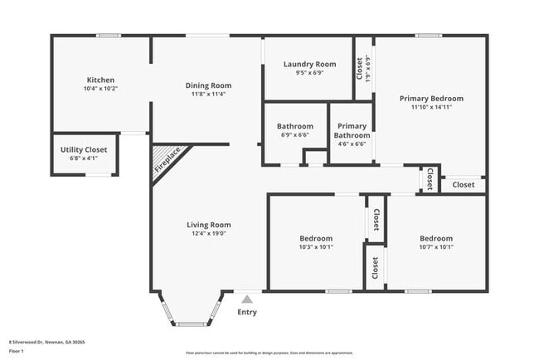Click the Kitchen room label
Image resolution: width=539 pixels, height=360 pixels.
pyautogui.click(x=100, y=80)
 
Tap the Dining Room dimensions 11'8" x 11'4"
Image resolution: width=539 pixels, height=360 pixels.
pyautogui.click(x=207, y=94)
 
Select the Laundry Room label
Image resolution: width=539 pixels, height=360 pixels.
pyautogui.click(x=309, y=64)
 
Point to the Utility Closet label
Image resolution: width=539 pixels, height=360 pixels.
pyautogui.click(x=85, y=149)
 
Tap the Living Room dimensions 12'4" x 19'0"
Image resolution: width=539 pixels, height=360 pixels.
pyautogui.click(x=208, y=234)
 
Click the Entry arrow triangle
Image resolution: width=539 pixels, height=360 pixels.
pyautogui.click(x=247, y=299)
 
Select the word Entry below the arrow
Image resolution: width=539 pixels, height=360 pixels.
pyautogui.click(x=247, y=312)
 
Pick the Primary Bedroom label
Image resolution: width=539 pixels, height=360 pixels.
pyautogui.click(x=431, y=98)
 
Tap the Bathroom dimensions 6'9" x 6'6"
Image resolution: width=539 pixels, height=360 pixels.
pyautogui.click(x=294, y=135)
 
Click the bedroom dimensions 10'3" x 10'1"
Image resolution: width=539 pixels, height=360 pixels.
pyautogui.click(x=315, y=246)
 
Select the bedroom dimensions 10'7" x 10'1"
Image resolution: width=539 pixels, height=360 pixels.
pyautogui.click(x=436, y=246)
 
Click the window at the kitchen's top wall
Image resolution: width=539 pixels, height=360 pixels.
pyautogui.click(x=108, y=36)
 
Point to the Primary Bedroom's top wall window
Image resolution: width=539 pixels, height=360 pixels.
pyautogui.click(x=428, y=36)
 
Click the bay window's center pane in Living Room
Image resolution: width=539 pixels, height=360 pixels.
pyautogui.click(x=192, y=322)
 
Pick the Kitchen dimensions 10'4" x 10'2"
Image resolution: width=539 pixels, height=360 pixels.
pyautogui.click(x=100, y=89)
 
